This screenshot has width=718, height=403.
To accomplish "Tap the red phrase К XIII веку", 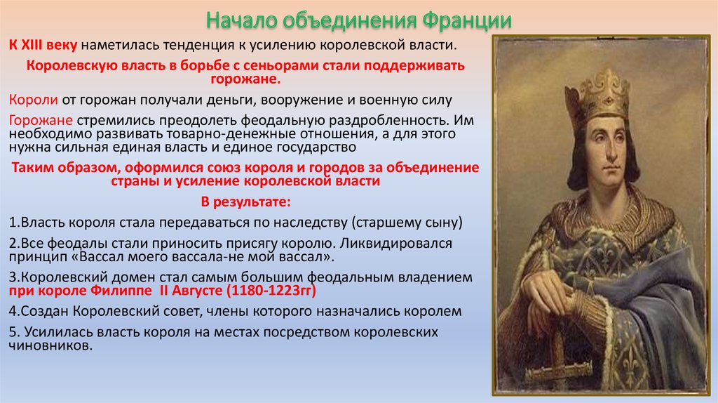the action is (x=43, y=45).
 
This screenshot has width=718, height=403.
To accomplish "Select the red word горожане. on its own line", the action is (x=245, y=79).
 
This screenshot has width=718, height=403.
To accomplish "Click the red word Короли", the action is (x=34, y=100).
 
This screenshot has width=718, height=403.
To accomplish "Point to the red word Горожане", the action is (x=41, y=120).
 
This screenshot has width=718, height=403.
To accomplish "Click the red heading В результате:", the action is (x=246, y=201).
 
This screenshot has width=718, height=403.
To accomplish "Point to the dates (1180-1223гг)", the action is (x=273, y=291).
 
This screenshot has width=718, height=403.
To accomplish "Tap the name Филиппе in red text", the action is (x=121, y=291).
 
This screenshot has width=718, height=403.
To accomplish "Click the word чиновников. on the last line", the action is (x=50, y=345).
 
